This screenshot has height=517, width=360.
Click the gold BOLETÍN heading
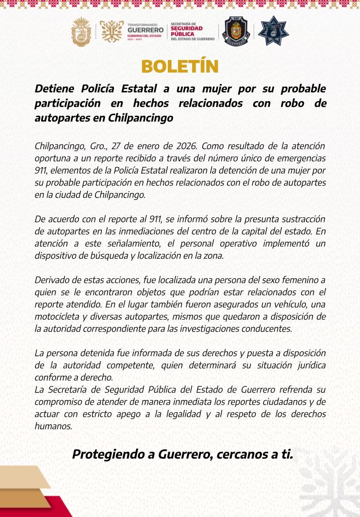pos(180,66)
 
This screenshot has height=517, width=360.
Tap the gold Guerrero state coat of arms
pos(81,32)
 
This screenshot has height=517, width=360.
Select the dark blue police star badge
pos(273,31)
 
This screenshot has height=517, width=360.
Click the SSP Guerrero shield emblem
pos(236,31)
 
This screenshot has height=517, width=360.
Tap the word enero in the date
pos(148,146)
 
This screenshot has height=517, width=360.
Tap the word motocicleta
pos(59,317)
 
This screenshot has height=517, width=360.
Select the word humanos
pos(53,426)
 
